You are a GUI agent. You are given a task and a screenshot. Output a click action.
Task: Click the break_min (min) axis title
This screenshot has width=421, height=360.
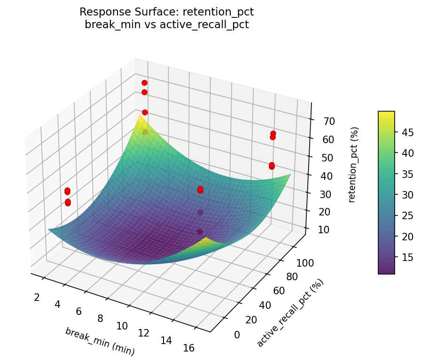click(x=100, y=341)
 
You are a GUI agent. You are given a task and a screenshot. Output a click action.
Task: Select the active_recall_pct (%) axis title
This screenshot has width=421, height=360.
click(x=290, y=313)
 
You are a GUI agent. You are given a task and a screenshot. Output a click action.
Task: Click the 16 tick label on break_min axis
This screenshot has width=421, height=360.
click(x=188, y=348)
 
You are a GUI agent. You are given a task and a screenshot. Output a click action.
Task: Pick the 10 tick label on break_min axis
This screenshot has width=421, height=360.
click(x=122, y=325)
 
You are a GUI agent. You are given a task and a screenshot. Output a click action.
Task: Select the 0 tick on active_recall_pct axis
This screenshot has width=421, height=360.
click(x=236, y=334)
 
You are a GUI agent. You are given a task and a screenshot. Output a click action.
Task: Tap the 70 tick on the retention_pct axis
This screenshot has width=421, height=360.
click(x=328, y=121)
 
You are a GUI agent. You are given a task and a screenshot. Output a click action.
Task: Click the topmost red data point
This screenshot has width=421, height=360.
click(x=144, y=83)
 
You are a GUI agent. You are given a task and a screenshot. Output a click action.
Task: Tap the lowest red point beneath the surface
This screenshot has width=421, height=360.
click(x=200, y=231)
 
